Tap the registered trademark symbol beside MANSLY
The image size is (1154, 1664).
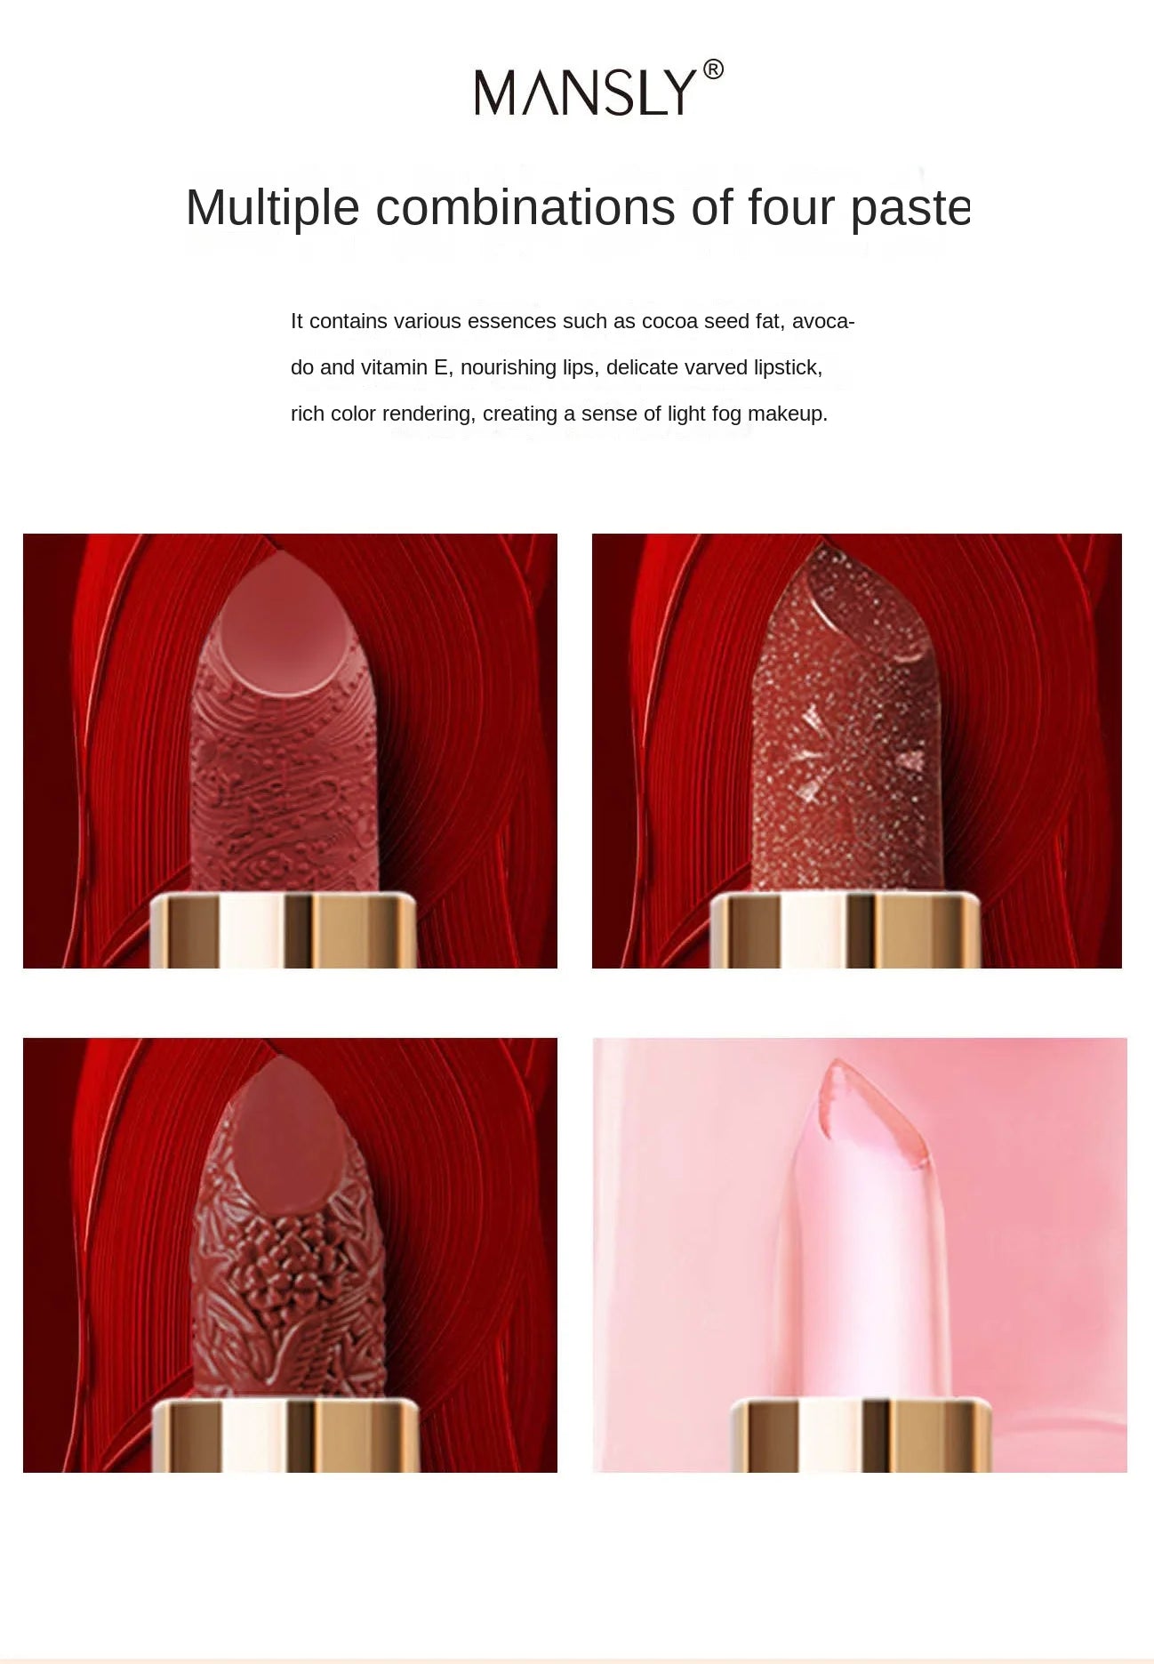click(713, 69)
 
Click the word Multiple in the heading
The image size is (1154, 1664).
click(272, 208)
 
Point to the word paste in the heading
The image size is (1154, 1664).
click(910, 208)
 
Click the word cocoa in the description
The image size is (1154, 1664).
click(669, 321)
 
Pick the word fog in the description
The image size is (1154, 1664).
click(726, 414)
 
